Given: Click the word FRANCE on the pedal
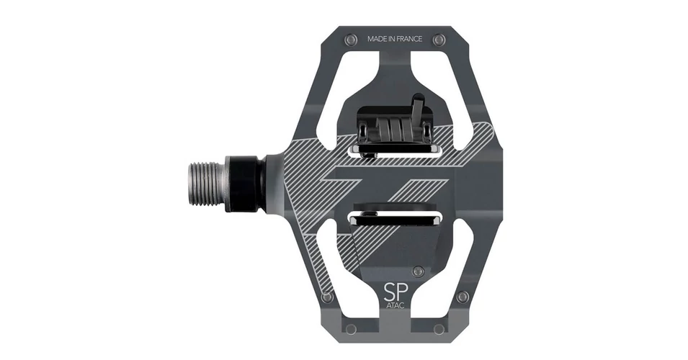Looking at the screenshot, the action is (410, 39).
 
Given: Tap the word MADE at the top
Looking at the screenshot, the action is (377, 39).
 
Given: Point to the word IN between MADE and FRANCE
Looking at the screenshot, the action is (392, 39).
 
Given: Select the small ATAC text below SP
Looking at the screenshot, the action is (396, 305).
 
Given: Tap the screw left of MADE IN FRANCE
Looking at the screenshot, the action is (350, 40).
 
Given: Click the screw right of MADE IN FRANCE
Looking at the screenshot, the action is (439, 40).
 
